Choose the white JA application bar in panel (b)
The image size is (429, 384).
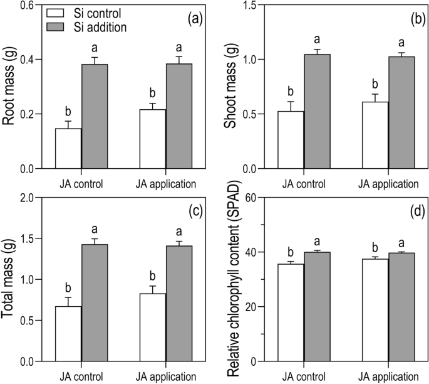pos(375,135)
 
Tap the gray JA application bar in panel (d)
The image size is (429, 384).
pos(401,307)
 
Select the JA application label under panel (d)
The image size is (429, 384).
pos(388,377)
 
